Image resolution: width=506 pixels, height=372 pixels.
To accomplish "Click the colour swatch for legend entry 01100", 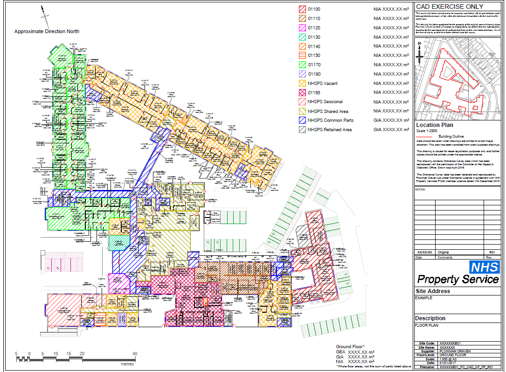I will point(302,9).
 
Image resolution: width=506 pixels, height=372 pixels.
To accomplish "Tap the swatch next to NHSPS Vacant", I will point(302,83).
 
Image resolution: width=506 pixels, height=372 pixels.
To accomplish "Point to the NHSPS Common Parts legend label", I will point(330,120).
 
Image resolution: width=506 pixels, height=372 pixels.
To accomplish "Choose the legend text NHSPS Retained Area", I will point(330,130).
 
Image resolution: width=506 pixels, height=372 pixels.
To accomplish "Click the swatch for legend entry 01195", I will point(302,92).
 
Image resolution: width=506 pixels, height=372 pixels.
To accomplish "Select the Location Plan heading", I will point(435,125).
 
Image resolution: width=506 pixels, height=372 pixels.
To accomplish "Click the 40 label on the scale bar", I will point(135,353).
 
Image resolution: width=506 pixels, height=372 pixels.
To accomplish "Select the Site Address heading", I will point(432,291).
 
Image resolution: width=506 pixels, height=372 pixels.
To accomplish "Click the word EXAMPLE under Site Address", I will point(423,298).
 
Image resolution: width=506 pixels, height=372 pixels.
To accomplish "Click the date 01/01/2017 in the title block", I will point(450,363).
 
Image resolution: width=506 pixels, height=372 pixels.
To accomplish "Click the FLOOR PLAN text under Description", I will point(425,325).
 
